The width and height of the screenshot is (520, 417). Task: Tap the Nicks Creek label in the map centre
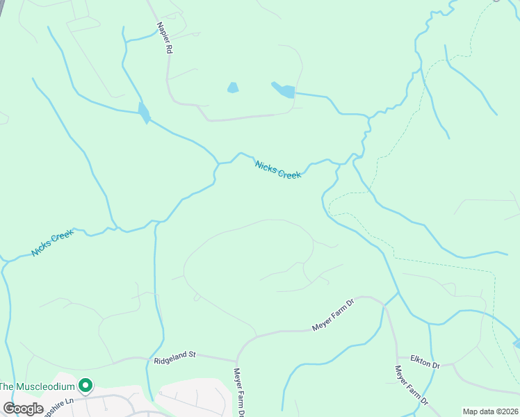(278, 170)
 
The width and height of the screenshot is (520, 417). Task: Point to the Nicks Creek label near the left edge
(53, 243)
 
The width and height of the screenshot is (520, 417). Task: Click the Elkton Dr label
(425, 365)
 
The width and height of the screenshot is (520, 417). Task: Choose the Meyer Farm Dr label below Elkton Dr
(411, 386)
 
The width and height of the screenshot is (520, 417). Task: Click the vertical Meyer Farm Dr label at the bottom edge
(238, 393)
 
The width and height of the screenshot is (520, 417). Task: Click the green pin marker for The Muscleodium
(86, 384)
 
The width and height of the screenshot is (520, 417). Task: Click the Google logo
(23, 409)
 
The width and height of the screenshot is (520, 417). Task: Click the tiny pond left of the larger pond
(233, 88)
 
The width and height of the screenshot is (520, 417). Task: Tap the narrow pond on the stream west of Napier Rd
(144, 113)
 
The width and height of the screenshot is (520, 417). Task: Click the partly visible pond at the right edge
(517, 343)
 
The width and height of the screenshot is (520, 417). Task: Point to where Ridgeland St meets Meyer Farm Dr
(236, 361)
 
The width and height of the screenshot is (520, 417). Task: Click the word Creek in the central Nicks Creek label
(289, 174)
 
